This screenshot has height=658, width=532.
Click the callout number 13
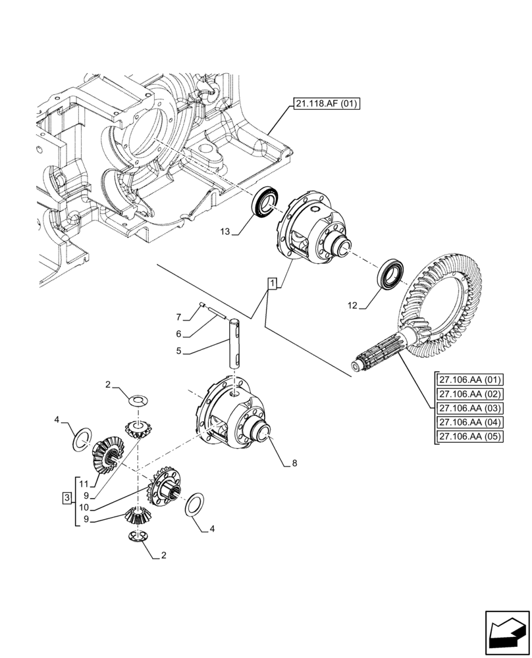click(225, 232)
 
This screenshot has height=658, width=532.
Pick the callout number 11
click(84, 484)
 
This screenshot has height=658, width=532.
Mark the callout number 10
click(84, 507)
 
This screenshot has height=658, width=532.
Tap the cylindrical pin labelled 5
click(236, 342)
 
